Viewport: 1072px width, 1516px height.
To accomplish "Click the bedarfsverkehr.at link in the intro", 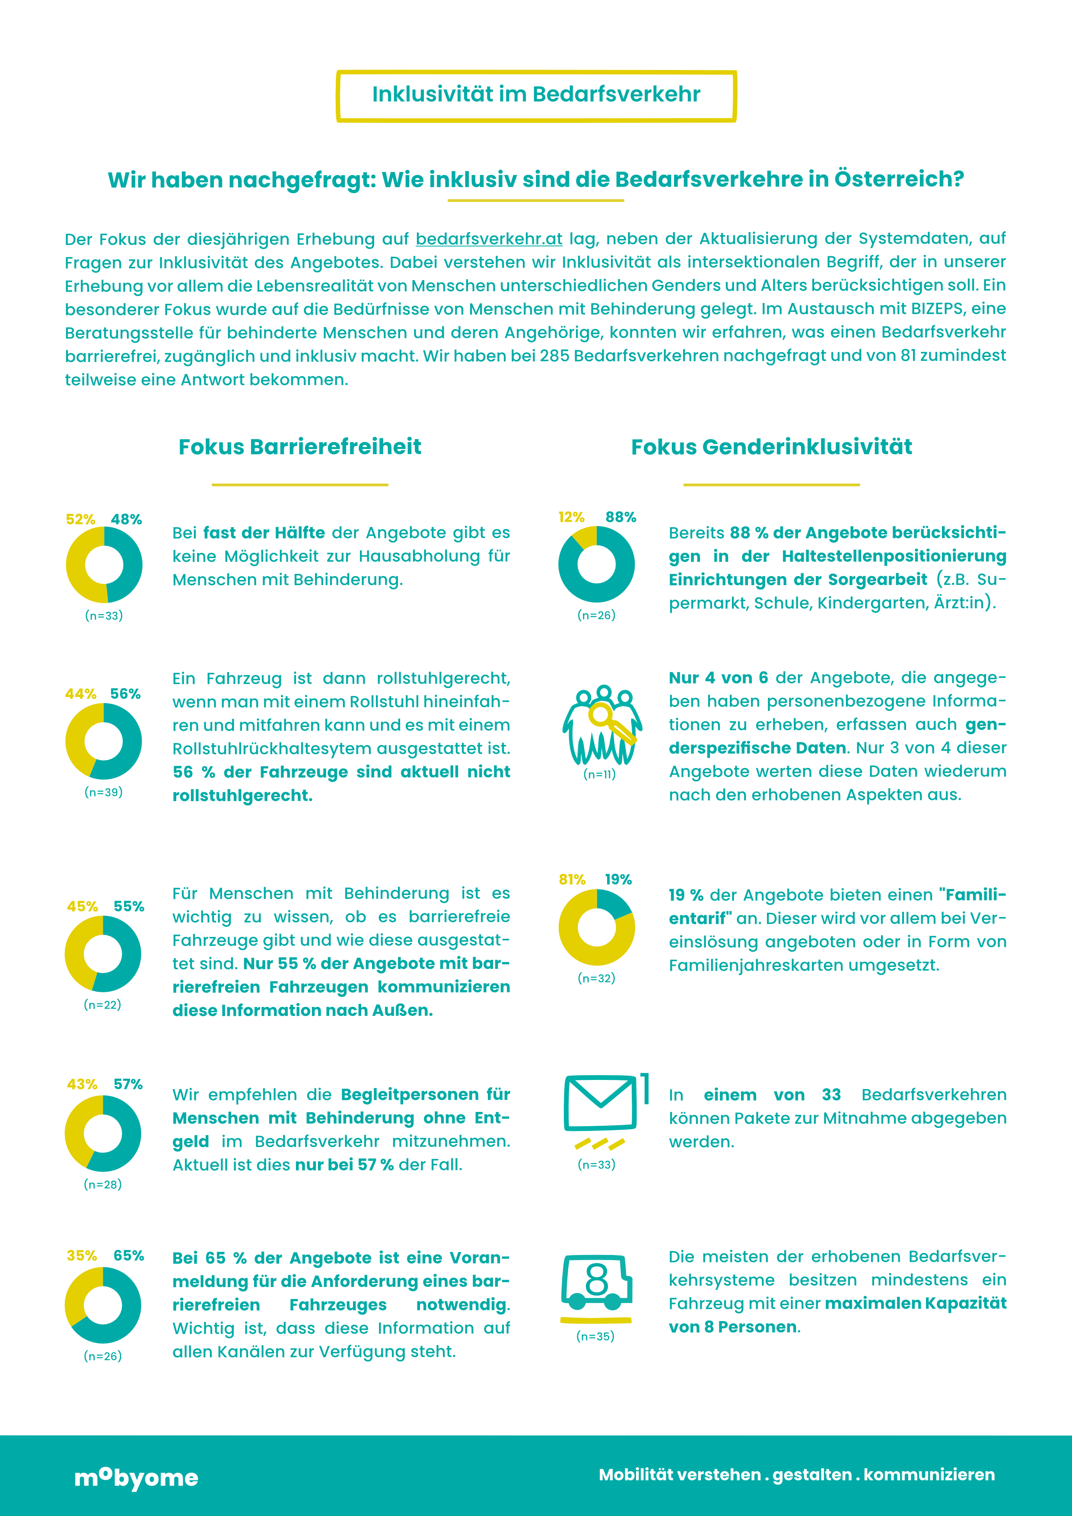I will (x=489, y=239).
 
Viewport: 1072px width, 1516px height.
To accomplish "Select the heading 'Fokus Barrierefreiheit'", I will (x=300, y=447).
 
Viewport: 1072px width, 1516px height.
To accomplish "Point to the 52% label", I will (x=80, y=519).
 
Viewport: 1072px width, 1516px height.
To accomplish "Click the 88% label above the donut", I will (x=620, y=517).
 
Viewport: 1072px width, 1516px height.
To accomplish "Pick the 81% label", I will (x=572, y=879).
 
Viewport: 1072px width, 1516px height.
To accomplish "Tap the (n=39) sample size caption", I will (x=104, y=792).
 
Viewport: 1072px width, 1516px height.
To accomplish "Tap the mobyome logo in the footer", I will (x=137, y=1477).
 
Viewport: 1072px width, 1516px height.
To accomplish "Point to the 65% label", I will (x=129, y=1255).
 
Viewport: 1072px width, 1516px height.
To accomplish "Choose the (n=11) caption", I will (x=599, y=774).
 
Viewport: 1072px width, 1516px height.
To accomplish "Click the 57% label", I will (x=128, y=1084).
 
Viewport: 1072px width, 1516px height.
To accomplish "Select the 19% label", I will (x=618, y=879).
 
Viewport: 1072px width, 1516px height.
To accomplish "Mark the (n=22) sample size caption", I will (x=102, y=1004).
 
